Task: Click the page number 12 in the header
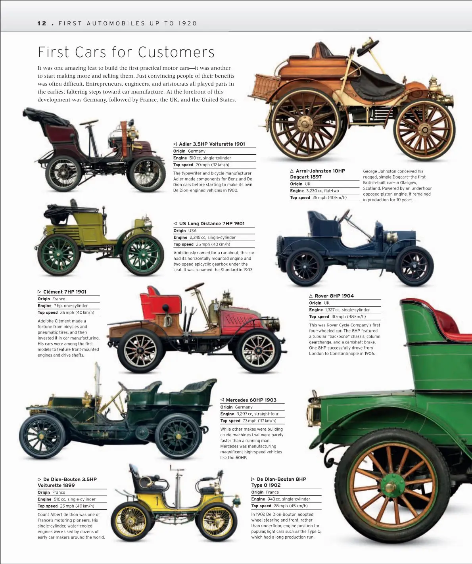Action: click(x=42, y=23)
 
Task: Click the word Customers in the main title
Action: click(x=177, y=52)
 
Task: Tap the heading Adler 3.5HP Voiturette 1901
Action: click(x=212, y=144)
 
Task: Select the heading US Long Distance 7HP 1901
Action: click(x=212, y=223)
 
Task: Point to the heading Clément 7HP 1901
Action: click(x=65, y=292)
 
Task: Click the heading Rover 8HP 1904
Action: click(x=334, y=296)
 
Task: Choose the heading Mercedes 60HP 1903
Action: click(x=251, y=400)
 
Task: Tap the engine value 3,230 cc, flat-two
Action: click(x=322, y=191)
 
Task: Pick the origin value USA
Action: click(x=192, y=231)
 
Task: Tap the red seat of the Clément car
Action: click(x=161, y=301)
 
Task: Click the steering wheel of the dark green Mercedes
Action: click(x=123, y=386)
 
